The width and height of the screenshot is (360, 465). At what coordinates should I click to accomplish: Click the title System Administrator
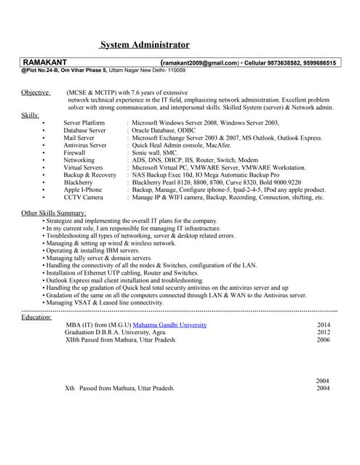[145, 45]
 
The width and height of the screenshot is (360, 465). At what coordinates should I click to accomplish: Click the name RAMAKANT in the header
[47, 63]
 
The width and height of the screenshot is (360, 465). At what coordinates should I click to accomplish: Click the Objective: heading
[36, 93]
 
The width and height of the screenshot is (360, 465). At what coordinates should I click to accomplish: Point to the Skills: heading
[31, 115]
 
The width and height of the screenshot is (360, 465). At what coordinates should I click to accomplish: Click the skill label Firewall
[74, 153]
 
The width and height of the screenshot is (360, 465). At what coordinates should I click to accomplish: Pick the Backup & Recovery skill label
[89, 175]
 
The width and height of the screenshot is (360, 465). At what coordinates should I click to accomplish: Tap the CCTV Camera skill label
[83, 197]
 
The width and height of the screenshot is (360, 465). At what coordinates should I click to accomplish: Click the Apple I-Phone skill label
[83, 190]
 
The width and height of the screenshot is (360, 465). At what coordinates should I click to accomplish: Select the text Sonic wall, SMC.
[154, 153]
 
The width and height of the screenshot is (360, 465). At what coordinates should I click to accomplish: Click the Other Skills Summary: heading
[55, 212]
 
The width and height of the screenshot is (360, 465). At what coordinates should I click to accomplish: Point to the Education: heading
[36, 317]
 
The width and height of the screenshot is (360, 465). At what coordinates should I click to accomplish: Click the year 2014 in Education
[324, 325]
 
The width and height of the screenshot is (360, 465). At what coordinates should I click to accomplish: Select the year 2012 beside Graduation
[324, 332]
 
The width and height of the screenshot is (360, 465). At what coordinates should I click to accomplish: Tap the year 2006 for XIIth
[324, 339]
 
